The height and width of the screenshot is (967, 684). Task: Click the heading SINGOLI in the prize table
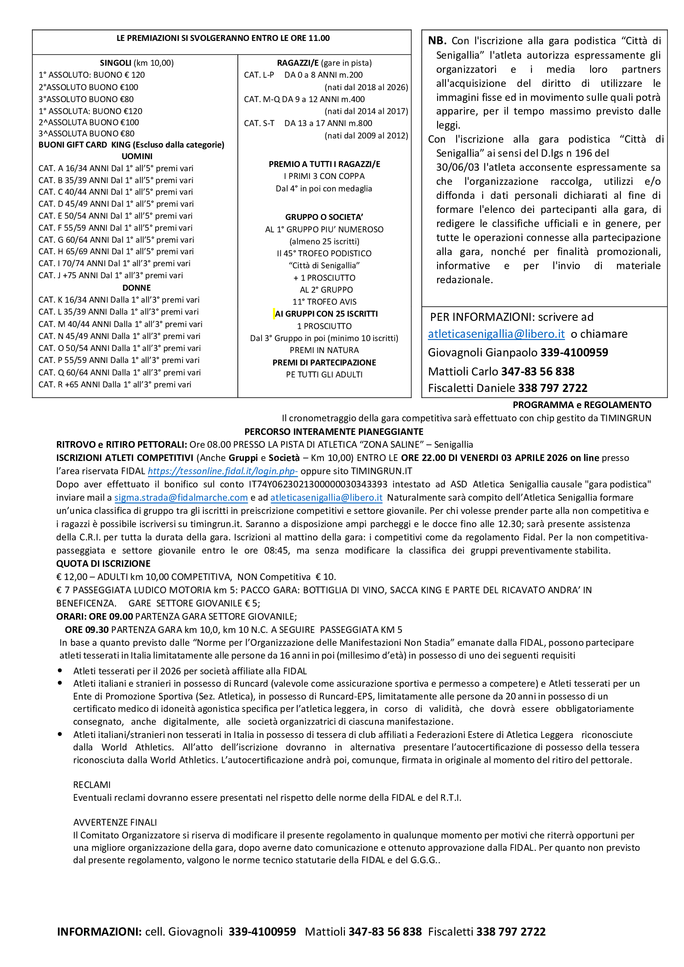pos(115,63)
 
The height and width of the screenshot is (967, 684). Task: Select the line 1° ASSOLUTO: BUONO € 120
pos(91,75)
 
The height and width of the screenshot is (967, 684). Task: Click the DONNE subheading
pos(136,288)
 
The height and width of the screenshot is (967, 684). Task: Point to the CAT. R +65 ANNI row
pos(115,384)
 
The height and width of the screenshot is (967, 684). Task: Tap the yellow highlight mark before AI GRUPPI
pos(274,314)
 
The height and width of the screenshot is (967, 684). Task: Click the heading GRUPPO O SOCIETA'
pos(324,217)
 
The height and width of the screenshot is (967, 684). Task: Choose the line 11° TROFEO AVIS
pos(324,301)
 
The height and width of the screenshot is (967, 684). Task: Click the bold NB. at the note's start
pos(437,41)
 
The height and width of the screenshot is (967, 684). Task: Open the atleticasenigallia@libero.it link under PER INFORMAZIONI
pos(496,334)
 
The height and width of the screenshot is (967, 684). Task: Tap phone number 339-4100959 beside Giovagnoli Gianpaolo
pos(574,353)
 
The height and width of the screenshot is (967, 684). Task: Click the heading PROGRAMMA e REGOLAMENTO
pos(582,405)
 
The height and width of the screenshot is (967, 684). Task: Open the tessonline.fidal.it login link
pos(222,471)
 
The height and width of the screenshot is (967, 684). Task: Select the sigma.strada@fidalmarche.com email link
pos(181,497)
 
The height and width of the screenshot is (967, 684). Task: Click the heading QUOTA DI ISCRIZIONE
pos(103,563)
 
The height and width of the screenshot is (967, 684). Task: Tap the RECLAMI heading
pos(92,785)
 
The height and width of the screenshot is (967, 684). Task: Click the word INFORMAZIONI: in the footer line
pos(99,931)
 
